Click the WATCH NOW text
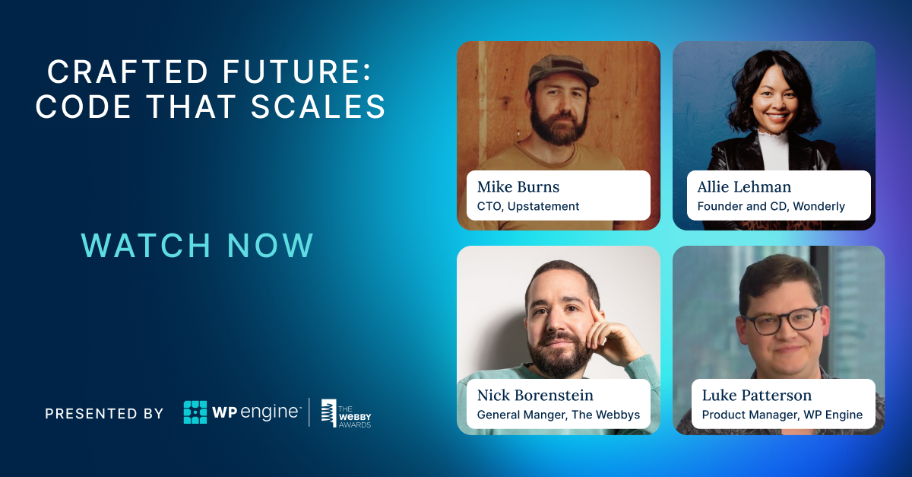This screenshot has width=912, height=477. click(x=198, y=246)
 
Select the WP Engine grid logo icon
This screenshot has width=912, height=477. click(x=195, y=412)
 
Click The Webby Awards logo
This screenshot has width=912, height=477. click(x=346, y=413)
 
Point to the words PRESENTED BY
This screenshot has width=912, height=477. click(x=104, y=414)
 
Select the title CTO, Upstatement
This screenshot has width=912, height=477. click(x=528, y=206)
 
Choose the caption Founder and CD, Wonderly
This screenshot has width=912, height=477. click(x=771, y=206)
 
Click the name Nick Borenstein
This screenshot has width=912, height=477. click(x=535, y=396)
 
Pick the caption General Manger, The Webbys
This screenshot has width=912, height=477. click(x=558, y=415)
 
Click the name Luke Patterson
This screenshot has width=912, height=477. click(x=756, y=396)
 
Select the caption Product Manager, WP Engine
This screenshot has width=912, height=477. click(x=782, y=415)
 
